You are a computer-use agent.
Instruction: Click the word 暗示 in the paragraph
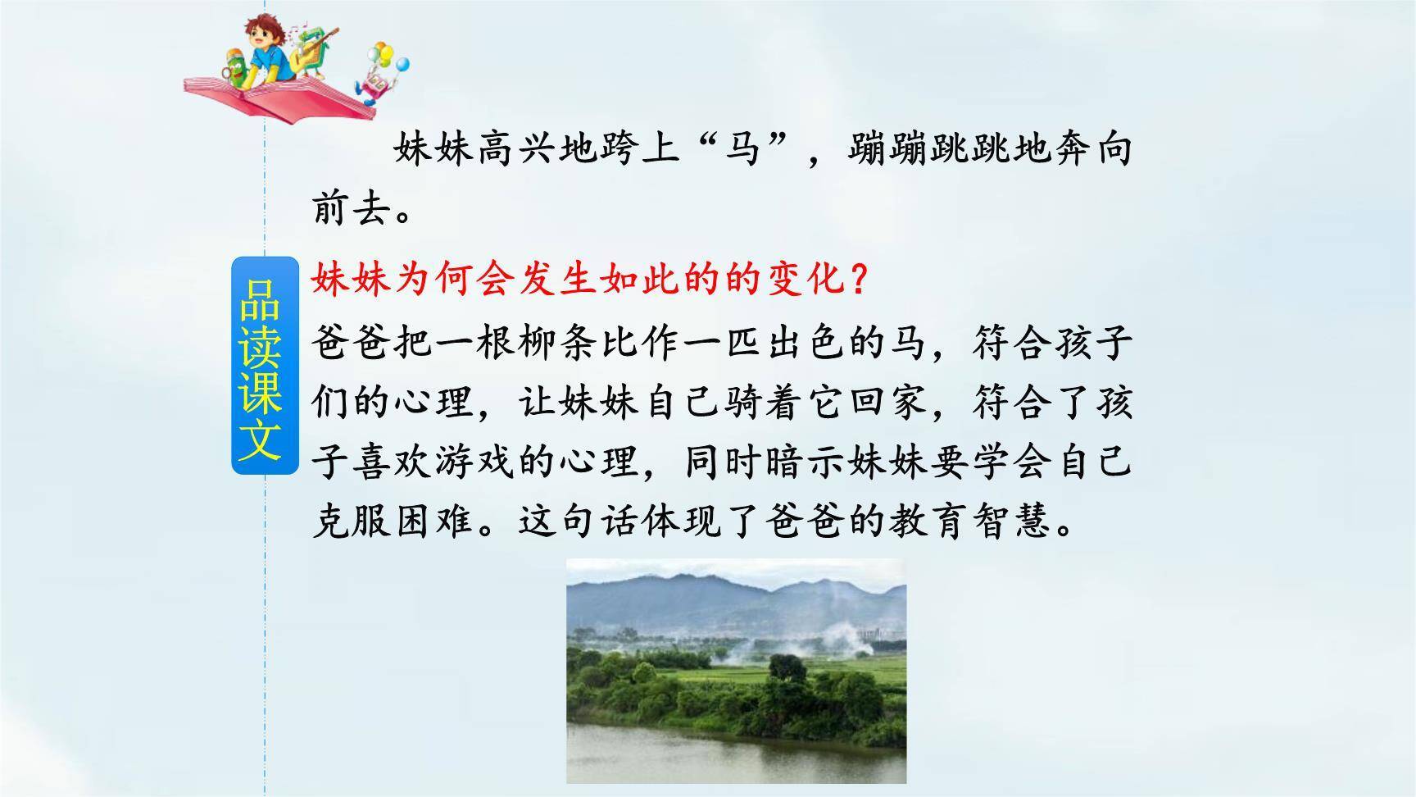point(806,462)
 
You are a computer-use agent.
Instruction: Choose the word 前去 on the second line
point(353,211)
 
